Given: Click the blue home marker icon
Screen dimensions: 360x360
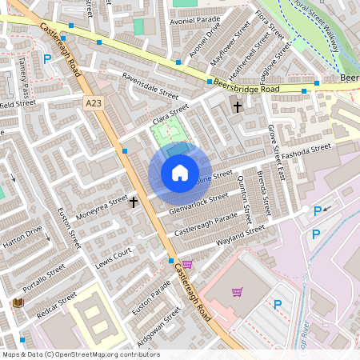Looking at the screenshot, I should coord(180,173).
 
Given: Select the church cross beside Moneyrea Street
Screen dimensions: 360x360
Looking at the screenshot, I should coord(134,202).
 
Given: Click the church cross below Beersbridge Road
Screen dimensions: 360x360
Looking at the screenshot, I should coord(237,106).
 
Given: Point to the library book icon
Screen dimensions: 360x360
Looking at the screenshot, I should coord(18,302).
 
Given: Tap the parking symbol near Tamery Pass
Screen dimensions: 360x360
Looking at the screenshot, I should coord(47,58).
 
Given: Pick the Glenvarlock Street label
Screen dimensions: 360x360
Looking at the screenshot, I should coord(199,203).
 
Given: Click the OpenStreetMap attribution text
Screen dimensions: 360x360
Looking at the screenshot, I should coord(80,354).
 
